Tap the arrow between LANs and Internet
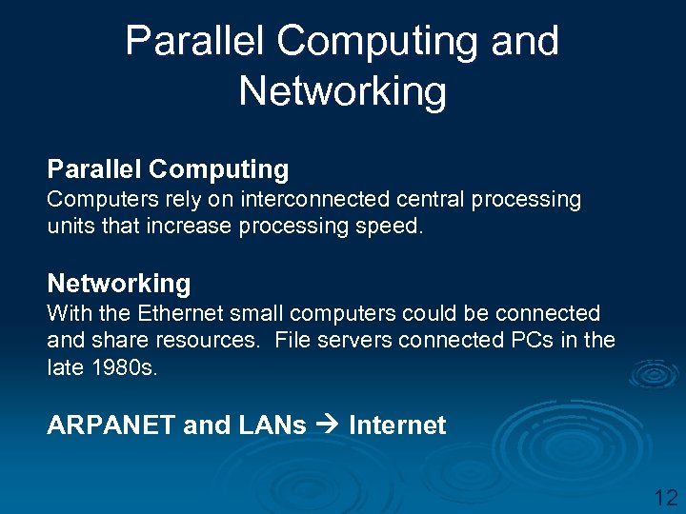328,425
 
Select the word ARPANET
111,425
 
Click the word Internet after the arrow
397,425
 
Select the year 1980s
129,366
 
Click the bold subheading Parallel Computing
168,169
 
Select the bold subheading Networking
119,283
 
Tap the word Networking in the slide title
342,91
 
